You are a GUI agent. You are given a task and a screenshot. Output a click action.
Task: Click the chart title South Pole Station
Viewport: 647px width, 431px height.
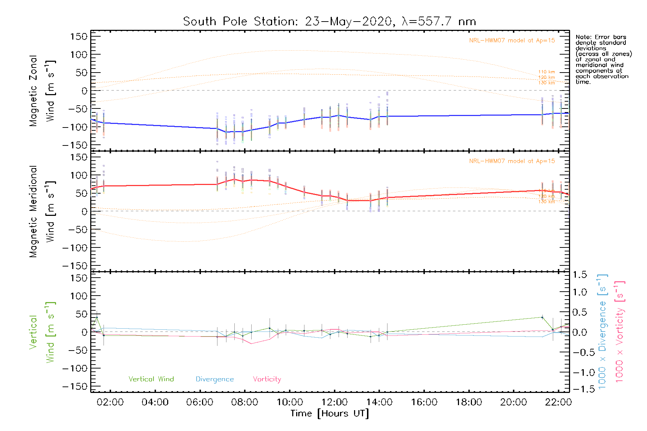pos(329,22)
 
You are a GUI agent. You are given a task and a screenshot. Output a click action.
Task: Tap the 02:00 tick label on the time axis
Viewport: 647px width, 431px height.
pos(110,402)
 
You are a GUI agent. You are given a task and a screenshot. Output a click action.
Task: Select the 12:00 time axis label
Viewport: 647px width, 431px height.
pos(334,402)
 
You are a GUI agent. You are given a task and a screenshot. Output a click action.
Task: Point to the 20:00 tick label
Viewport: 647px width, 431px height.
pos(513,402)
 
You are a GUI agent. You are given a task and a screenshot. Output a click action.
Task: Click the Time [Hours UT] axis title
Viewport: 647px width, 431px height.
pos(330,413)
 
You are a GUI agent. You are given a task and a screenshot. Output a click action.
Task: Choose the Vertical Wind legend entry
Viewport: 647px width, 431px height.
pos(151,379)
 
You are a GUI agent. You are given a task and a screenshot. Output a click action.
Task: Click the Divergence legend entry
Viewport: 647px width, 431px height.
pos(215,379)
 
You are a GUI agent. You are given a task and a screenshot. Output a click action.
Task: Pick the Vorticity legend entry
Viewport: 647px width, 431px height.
pos(267,379)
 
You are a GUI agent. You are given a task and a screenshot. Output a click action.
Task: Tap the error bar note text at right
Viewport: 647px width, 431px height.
pos(603,59)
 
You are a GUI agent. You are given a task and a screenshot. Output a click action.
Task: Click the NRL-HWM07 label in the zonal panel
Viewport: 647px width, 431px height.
pos(512,41)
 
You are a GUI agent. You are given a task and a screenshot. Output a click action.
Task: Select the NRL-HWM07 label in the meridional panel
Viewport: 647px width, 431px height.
pos(512,161)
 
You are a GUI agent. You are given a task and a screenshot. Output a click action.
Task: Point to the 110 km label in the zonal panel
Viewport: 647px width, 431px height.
pos(546,72)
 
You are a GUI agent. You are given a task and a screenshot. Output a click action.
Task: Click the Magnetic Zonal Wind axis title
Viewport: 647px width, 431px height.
pos(42,91)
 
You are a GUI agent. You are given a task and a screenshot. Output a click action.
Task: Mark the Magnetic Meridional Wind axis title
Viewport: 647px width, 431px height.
pos(42,212)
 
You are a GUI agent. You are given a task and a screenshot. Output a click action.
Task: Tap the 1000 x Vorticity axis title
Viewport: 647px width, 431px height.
pos(620,332)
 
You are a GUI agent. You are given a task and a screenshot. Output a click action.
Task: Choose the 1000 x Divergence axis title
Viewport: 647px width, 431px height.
pos(602,332)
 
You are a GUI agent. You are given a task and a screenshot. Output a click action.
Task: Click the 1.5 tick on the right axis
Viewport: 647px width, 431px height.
pos(579,275)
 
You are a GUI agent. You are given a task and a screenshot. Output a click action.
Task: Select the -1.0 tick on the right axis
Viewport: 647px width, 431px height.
pos(579,372)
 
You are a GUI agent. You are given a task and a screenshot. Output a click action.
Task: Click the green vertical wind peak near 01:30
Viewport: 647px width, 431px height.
pos(97,318)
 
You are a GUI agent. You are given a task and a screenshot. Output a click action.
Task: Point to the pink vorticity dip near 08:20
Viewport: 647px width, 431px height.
pos(251,344)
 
